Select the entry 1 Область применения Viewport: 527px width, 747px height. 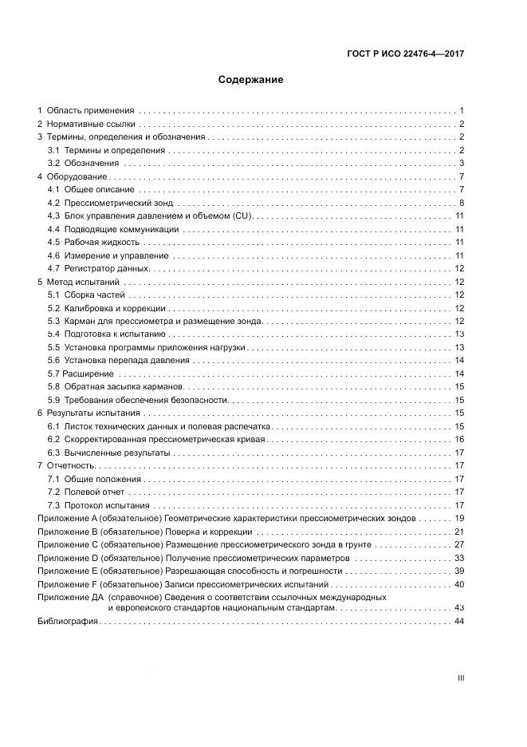87,110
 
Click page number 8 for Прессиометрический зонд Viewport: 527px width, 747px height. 462,203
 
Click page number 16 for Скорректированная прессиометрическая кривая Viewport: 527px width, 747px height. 459,439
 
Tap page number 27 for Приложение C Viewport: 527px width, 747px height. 458,544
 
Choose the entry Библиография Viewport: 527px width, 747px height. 68,621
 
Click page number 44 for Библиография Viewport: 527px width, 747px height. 458,621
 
